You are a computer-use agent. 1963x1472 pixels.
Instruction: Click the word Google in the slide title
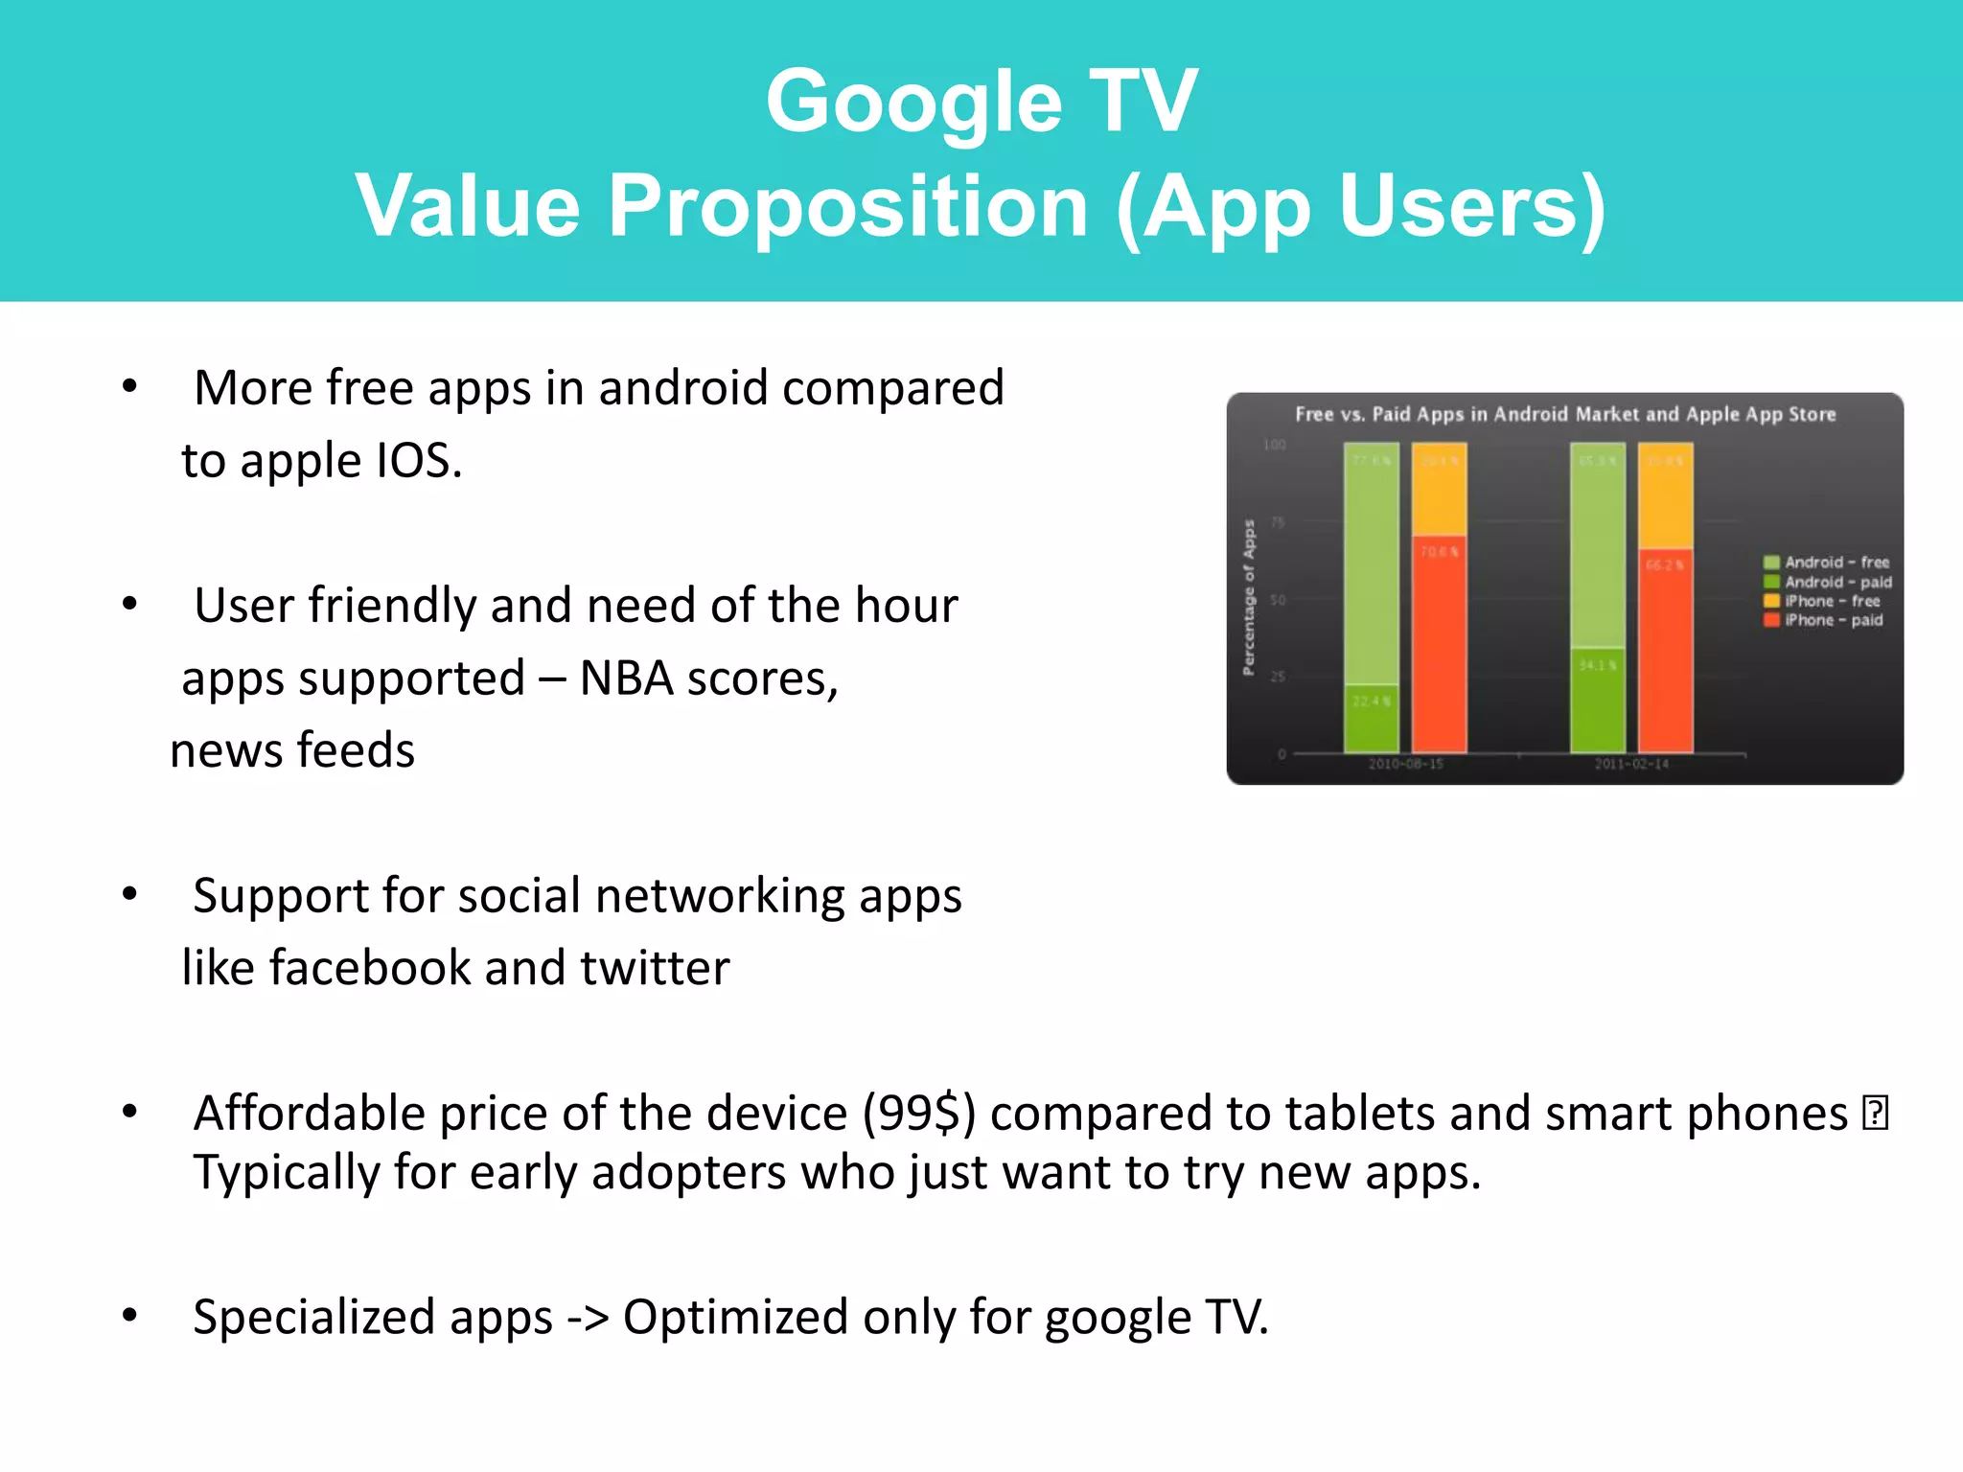click(x=913, y=102)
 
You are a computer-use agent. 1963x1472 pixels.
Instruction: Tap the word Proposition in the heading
click(x=847, y=206)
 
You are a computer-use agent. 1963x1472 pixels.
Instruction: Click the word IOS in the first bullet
click(x=419, y=461)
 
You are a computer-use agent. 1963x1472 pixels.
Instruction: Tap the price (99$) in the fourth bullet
click(x=918, y=1114)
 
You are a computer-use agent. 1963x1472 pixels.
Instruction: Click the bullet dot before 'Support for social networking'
click(x=130, y=894)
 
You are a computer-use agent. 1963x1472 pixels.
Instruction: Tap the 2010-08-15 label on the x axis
click(x=1405, y=764)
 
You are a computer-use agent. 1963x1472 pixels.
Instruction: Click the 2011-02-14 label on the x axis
click(x=1631, y=764)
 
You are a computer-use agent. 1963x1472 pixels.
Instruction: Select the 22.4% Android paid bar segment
click(x=1372, y=719)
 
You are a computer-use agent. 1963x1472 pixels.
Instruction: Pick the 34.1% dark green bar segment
click(x=1598, y=701)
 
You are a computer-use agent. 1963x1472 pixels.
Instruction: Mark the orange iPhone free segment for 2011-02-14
click(x=1666, y=495)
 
